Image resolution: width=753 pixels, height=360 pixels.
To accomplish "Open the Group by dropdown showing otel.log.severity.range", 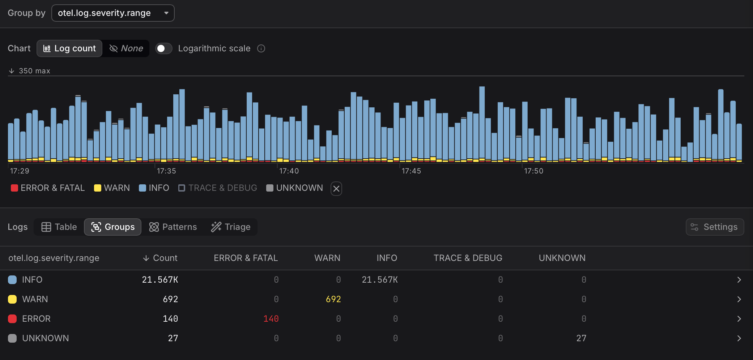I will (113, 13).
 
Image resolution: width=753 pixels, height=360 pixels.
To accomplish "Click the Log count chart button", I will (69, 48).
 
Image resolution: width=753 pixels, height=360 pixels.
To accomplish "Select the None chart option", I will (126, 48).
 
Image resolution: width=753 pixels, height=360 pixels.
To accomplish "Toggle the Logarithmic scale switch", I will (163, 48).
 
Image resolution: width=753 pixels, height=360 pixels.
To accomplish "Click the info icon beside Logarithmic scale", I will (261, 48).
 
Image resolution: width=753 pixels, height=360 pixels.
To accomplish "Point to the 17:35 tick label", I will (166, 171).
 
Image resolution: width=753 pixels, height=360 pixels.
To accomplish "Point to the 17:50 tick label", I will (533, 171).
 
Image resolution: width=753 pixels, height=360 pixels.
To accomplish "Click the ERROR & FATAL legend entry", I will (48, 188).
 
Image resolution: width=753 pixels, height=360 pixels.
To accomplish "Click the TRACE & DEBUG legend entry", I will (218, 188).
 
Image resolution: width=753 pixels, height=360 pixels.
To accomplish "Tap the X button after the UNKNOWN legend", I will (336, 188).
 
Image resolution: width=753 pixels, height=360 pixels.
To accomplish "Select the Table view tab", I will (59, 227).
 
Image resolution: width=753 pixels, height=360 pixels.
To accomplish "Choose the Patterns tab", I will (173, 227).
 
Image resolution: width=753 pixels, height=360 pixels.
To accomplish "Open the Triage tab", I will (231, 227).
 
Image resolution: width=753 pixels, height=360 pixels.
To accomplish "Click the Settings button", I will (715, 227).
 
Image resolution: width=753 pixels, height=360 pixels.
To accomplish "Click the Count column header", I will (161, 258).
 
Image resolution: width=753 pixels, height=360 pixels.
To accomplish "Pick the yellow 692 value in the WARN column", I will (333, 299).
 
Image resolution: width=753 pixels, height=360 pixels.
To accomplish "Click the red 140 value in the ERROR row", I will (271, 319).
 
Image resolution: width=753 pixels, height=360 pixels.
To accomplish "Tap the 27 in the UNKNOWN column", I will (581, 338).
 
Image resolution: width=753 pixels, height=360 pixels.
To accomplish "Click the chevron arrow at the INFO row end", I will (739, 280).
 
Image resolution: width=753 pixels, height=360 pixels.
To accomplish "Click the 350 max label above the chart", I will (34, 71).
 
